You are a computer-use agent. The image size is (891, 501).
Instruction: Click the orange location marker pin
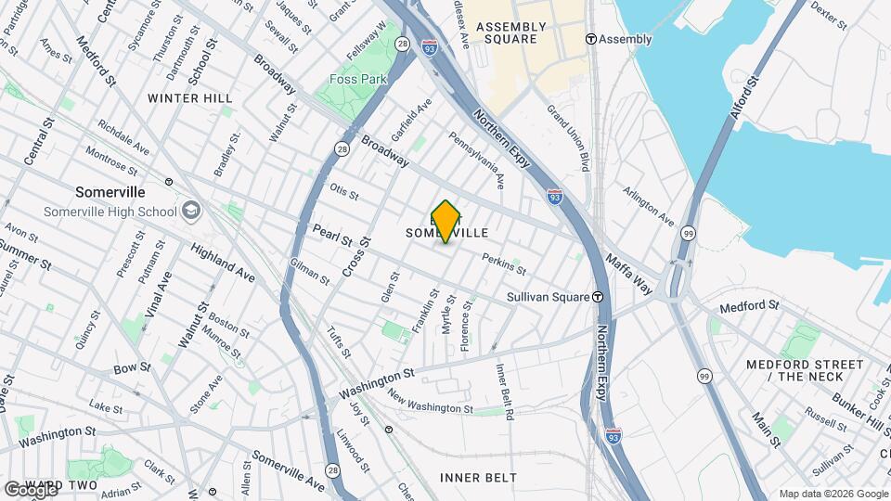(x=446, y=221)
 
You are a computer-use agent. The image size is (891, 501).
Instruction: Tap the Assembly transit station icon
(x=591, y=39)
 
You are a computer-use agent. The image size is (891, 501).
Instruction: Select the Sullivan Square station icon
(x=599, y=297)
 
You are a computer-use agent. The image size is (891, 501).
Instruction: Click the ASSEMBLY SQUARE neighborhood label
(x=507, y=33)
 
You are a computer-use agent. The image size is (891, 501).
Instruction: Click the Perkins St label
(x=504, y=264)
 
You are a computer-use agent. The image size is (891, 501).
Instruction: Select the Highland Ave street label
(x=222, y=263)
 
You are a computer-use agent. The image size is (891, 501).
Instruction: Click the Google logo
(x=30, y=488)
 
